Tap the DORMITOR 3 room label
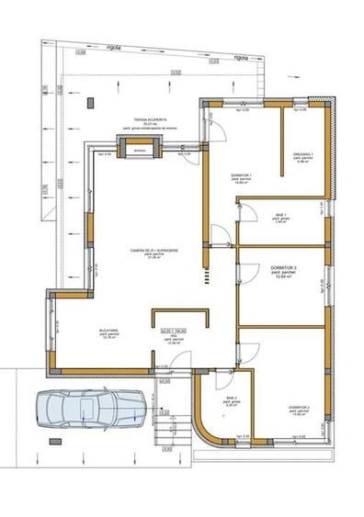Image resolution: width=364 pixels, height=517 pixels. point(281,267)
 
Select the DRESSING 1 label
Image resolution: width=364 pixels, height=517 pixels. point(303,154)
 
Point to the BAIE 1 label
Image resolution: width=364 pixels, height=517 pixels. point(281,214)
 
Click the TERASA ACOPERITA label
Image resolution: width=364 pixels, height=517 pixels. point(150,119)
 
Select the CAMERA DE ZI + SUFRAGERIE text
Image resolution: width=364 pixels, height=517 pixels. point(148,250)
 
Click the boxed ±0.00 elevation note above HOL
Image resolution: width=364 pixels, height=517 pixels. point(174,329)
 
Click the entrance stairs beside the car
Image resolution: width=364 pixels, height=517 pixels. point(166,430)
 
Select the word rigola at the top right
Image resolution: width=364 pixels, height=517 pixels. point(242,57)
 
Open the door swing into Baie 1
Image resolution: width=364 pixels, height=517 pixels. point(246,213)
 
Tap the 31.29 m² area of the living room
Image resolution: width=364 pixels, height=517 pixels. point(148,257)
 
